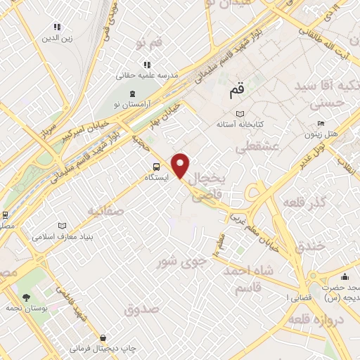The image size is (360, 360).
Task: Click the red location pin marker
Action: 181,165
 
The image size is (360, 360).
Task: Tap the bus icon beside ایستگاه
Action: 157,167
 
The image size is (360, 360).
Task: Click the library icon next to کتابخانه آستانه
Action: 240,113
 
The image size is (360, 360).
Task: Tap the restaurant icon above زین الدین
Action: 57,27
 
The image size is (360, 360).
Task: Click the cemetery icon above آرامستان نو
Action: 132,94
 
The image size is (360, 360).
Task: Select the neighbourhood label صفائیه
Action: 105,210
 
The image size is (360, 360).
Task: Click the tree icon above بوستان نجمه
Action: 27,297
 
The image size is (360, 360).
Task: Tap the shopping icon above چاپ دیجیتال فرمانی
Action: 104,338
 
